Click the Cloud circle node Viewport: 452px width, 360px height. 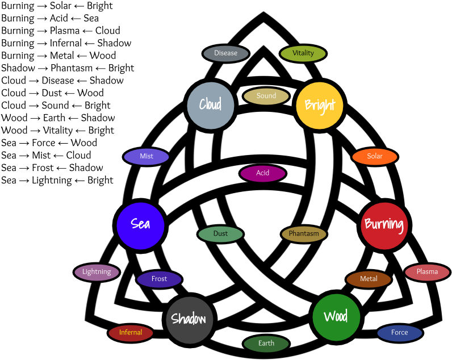tap(211, 105)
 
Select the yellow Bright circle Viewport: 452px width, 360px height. tap(320, 106)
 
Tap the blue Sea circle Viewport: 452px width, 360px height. tap(140, 225)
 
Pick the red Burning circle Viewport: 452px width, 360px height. tap(384, 225)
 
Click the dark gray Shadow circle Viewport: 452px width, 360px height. tap(189, 319)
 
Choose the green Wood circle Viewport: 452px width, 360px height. tap(336, 317)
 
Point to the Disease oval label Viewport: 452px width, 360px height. tap(226, 53)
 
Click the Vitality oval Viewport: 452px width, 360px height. tap(303, 53)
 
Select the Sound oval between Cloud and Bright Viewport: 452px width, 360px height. tap(266, 96)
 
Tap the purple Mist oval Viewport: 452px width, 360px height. tap(147, 157)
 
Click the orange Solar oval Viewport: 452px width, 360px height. tap(375, 157)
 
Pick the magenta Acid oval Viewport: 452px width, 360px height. tap(262, 173)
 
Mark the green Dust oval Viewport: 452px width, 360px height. tap(221, 234)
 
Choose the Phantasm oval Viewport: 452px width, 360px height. tap(304, 234)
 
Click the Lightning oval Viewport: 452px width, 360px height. tap(97, 272)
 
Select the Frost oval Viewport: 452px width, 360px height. tap(160, 279)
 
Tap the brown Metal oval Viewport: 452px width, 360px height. tap(369, 279)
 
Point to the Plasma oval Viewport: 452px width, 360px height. tap(427, 272)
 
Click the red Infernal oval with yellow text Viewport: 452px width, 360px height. tap(131, 333)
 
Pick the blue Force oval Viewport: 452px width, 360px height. tap(400, 333)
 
